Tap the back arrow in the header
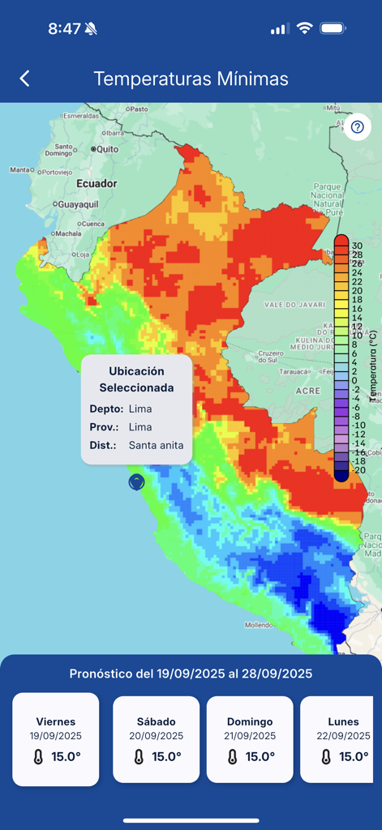(24, 79)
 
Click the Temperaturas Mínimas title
(191, 79)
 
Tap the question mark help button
(357, 127)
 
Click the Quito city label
(107, 149)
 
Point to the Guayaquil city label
(77, 204)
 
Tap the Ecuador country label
(97, 184)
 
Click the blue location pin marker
(136, 481)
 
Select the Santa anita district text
(156, 445)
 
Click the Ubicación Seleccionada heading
(136, 379)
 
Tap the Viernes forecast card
(56, 738)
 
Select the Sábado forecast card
(156, 738)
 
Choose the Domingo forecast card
(250, 738)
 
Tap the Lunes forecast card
(341, 738)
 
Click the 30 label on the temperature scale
(357, 245)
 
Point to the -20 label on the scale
(358, 470)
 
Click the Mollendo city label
(260, 625)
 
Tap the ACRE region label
(307, 390)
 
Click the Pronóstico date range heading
(191, 674)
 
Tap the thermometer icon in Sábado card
(139, 756)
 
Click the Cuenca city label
(92, 224)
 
